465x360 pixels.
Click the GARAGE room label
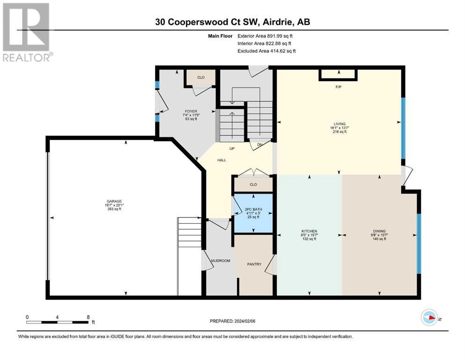point(114,201)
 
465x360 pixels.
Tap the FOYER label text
point(191,111)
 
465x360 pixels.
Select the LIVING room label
point(340,124)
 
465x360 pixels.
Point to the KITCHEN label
point(310,231)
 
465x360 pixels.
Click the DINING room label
point(379,231)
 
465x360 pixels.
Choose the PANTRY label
point(254,264)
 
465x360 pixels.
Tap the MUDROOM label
point(221,261)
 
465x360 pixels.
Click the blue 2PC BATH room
point(253,213)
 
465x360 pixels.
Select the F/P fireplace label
point(338,87)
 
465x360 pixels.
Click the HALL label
point(221,160)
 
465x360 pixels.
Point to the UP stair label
point(232,149)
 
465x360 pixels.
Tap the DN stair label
point(260,145)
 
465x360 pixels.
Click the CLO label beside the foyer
point(201,77)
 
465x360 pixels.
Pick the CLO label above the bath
point(253,184)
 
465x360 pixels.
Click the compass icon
point(429,317)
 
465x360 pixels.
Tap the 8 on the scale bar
point(88,317)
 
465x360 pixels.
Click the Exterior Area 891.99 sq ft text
point(265,36)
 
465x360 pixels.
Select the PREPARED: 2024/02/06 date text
point(232,321)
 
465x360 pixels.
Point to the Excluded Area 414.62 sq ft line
point(266,51)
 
